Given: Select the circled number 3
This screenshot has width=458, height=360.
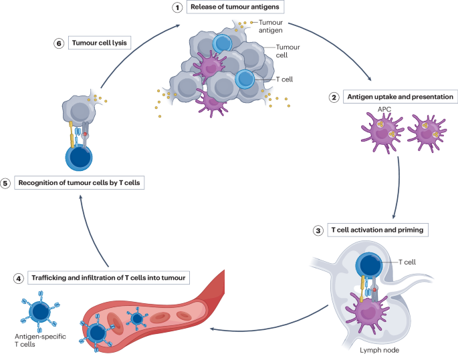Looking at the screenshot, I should click(x=318, y=230).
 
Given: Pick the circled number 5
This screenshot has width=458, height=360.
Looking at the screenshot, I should click(x=6, y=182).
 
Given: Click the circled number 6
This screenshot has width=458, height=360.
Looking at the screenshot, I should click(x=59, y=43).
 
